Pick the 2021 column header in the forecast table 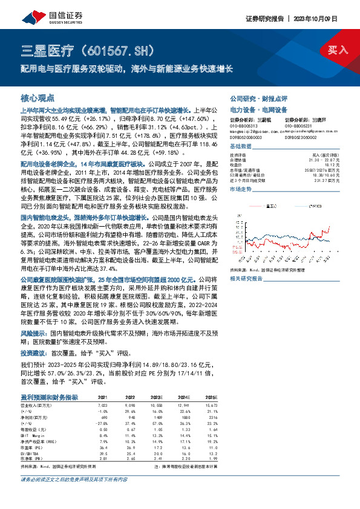pyautogui.click(x=103, y=397)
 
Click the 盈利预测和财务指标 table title pyautogui.click(x=50, y=397)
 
